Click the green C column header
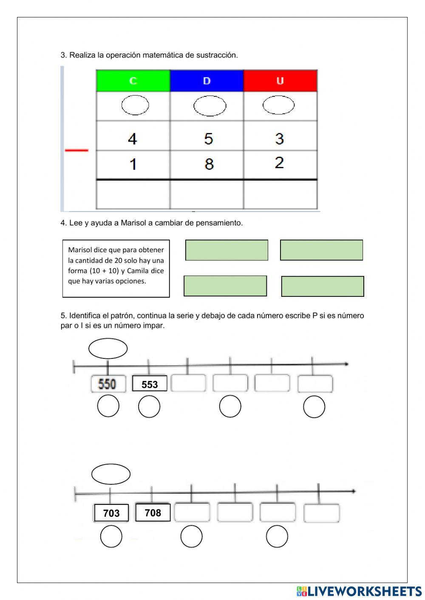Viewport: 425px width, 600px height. point(133,81)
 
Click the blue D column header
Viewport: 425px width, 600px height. point(207,81)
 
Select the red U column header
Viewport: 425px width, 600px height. point(280,81)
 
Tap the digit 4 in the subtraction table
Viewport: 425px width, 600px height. point(133,139)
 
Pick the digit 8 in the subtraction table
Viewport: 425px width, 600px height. point(209,164)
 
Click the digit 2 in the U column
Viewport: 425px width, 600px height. point(279,163)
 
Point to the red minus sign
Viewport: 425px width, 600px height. point(76,150)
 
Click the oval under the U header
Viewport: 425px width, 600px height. point(278,105)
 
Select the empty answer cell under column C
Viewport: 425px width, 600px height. point(133,194)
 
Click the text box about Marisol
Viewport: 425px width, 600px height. point(116,268)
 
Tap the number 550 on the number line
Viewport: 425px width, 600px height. point(108,384)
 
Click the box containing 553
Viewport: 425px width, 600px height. point(150,384)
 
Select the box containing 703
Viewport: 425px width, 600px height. point(111,513)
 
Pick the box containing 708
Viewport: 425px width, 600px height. point(153,513)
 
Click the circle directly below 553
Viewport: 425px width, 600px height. point(149,407)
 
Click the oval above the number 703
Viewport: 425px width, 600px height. point(111,474)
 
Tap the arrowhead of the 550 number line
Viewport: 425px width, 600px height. point(347,364)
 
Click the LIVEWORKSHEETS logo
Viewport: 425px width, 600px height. point(359,591)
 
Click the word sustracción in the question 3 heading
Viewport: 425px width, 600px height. point(217,55)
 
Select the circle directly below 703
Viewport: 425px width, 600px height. point(111,536)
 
